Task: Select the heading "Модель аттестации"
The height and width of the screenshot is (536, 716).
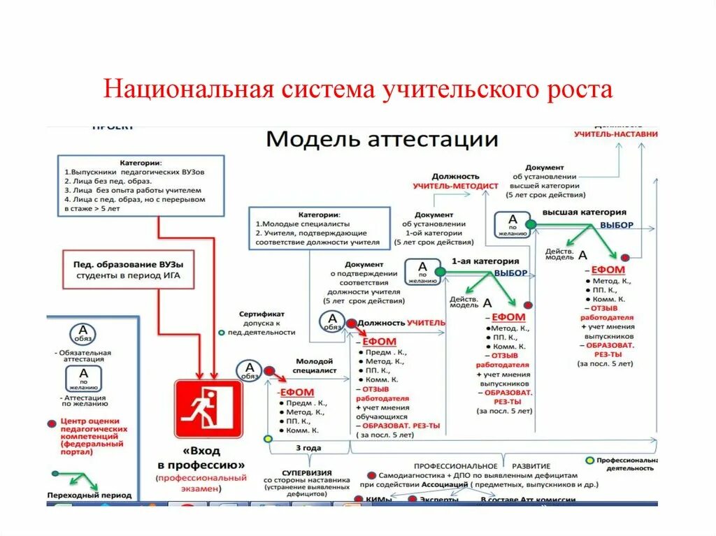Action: [x=382, y=138]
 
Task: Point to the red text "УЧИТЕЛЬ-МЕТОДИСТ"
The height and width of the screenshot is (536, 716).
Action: [x=455, y=187]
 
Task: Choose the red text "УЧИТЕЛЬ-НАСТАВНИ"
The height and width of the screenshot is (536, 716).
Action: [x=616, y=133]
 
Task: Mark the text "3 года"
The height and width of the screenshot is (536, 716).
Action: [x=308, y=448]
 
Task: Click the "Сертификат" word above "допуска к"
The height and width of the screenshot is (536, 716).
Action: [x=262, y=314]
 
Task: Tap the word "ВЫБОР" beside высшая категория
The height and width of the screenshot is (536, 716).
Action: [x=616, y=225]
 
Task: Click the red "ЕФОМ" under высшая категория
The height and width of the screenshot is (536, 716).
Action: [x=608, y=270]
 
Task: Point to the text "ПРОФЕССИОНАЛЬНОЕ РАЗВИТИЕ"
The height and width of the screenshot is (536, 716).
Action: [x=482, y=465]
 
